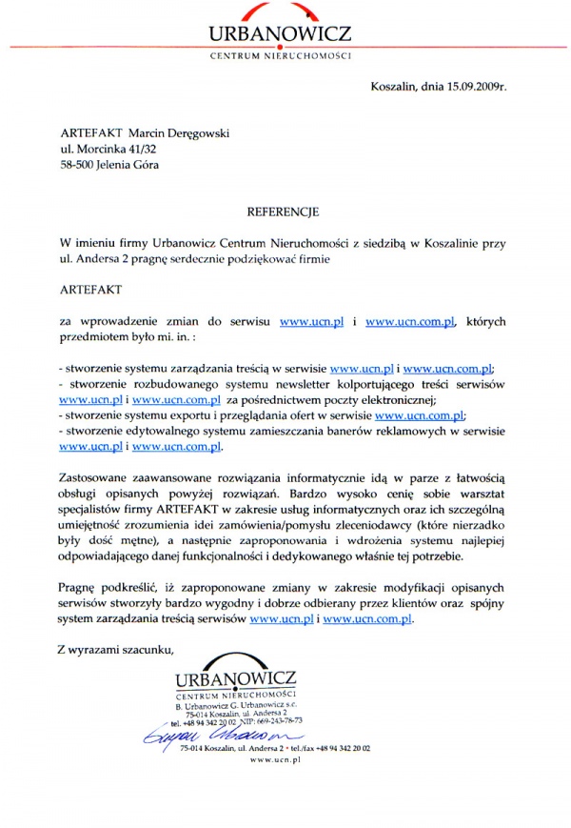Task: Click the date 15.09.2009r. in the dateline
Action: coord(471,88)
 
